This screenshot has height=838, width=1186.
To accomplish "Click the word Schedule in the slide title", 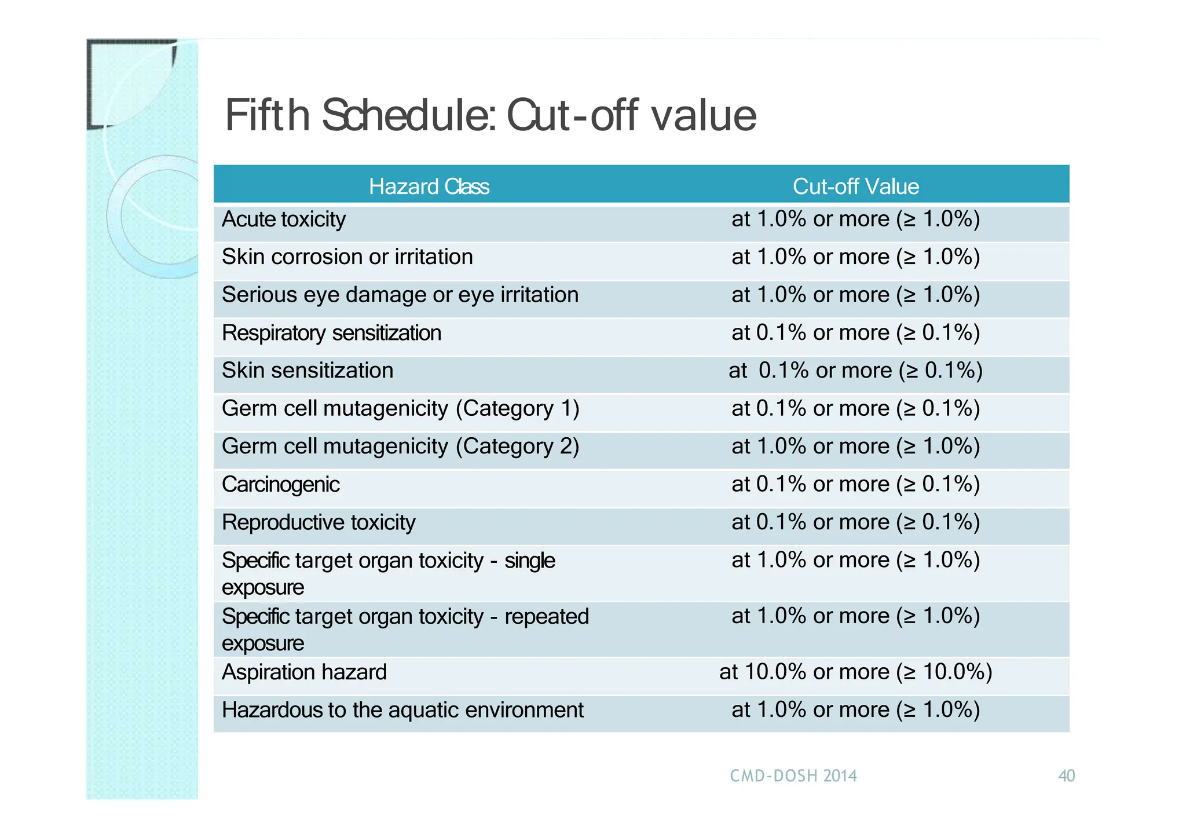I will tap(408, 115).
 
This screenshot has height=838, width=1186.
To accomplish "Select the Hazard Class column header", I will tap(429, 186).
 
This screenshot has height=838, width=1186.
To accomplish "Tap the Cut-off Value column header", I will tap(855, 186).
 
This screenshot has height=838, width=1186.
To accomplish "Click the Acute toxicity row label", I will tap(284, 219).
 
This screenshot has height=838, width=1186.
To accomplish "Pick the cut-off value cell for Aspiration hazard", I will tap(855, 672).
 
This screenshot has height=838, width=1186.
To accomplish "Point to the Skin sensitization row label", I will tap(308, 371).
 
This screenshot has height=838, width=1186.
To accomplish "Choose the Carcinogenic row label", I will tap(281, 484).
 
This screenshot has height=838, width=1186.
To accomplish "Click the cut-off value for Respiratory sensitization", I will tap(855, 333).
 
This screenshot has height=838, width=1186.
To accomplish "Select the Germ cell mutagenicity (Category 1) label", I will tap(400, 409).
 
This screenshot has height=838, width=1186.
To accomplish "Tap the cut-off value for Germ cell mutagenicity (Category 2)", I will tap(855, 447).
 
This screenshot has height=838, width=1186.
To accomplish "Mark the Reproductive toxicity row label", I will tap(319, 522).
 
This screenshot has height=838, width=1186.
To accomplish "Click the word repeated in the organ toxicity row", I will tap(546, 616).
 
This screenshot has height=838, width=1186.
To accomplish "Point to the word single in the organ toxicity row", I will tap(529, 561).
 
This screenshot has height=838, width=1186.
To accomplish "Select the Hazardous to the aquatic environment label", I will tap(402, 710).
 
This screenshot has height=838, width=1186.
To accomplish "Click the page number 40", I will tap(1066, 776).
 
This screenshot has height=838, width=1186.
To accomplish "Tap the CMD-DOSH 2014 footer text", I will tap(793, 776).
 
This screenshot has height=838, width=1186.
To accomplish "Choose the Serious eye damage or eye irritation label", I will tap(400, 295).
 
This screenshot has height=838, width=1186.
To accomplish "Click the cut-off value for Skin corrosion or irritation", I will tap(855, 257).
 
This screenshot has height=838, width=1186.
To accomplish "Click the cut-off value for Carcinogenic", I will tap(855, 484).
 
